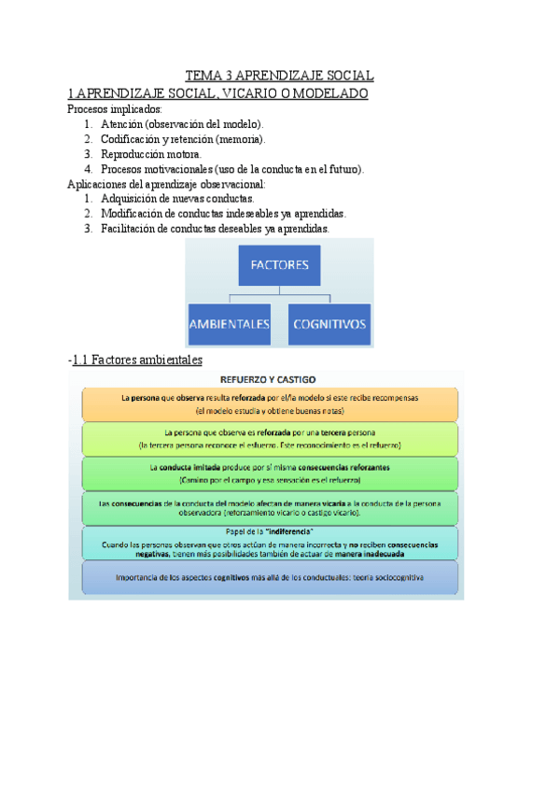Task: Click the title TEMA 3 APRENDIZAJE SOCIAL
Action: pyautogui.click(x=279, y=76)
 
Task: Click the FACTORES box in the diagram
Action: pyautogui.click(x=279, y=265)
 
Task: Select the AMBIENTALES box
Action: pyautogui.click(x=230, y=325)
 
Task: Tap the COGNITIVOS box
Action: pyautogui.click(x=329, y=325)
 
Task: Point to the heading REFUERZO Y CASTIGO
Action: pyautogui.click(x=268, y=379)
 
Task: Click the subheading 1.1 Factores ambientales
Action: pyautogui.click(x=137, y=360)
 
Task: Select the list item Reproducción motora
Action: pyautogui.click(x=150, y=154)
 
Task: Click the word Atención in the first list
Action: pyautogui.click(x=121, y=124)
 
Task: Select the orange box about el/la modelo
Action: pyautogui.click(x=268, y=403)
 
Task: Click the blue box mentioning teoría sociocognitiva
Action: pyautogui.click(x=268, y=578)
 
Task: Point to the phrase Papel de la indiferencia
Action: pyautogui.click(x=268, y=531)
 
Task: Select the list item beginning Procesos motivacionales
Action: pyautogui.click(x=232, y=169)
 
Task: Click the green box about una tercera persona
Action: pyautogui.click(x=268, y=439)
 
